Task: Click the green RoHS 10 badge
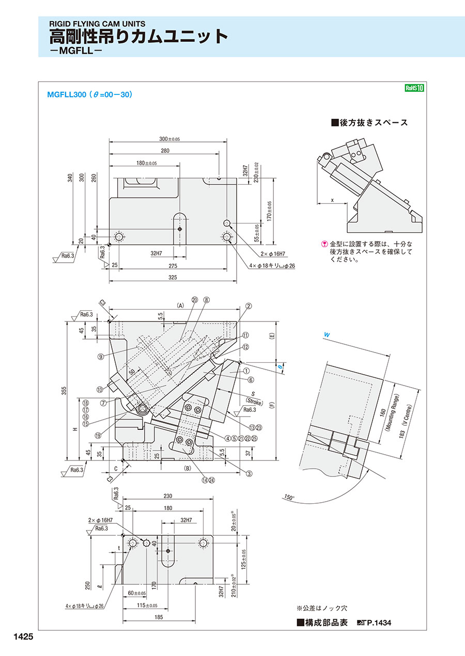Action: click(x=414, y=88)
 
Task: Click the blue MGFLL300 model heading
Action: click(x=67, y=94)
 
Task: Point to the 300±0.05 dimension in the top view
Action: click(x=169, y=139)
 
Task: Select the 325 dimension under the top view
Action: click(x=173, y=277)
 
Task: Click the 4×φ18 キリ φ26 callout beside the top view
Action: click(x=272, y=266)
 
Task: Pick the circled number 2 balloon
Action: click(x=249, y=307)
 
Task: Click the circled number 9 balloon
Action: click(x=101, y=357)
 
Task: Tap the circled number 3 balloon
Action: click(x=249, y=474)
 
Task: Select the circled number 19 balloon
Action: click(x=98, y=436)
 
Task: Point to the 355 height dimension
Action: click(x=64, y=391)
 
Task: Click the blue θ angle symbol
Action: click(x=280, y=366)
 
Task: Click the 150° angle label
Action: click(x=289, y=497)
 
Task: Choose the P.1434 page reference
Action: click(x=379, y=622)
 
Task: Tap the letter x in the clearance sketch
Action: click(x=332, y=200)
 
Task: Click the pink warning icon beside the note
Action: click(x=324, y=244)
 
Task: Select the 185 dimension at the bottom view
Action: click(x=158, y=617)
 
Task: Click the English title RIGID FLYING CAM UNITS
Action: click(x=97, y=24)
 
